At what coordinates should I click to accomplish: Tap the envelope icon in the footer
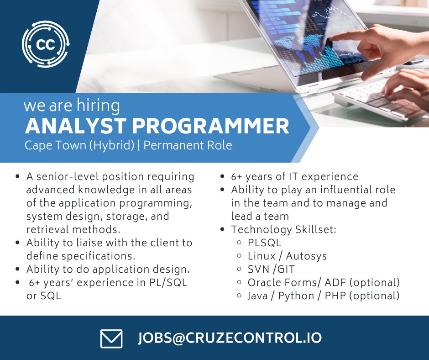[x=111, y=339]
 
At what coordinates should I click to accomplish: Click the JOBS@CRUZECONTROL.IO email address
[x=230, y=338]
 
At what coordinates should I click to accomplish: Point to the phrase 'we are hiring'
[x=72, y=106]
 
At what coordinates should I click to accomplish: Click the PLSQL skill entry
[x=264, y=243]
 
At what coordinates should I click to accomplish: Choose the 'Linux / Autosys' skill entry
[x=287, y=256]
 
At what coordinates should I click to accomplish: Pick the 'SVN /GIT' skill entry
[x=272, y=269]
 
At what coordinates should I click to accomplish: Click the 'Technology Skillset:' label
[x=283, y=229]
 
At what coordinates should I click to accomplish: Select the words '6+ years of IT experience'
[x=294, y=176]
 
